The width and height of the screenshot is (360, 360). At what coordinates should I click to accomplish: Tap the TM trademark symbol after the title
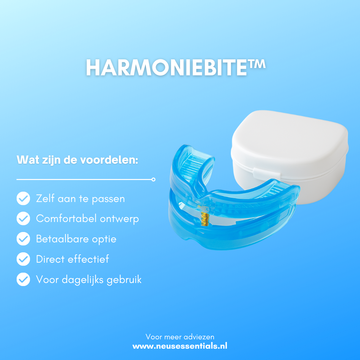coord(256,64)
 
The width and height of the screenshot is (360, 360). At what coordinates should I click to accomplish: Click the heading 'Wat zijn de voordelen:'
coord(77,160)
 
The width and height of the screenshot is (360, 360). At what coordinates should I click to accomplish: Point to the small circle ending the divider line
coord(154,180)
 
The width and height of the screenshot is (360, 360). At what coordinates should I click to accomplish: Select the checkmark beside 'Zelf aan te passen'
coord(23,198)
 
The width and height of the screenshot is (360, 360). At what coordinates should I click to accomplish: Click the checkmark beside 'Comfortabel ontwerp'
coord(23,218)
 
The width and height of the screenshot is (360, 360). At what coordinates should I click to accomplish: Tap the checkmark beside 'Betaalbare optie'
coord(23,239)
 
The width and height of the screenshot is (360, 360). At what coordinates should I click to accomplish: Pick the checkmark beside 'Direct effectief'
coord(23,259)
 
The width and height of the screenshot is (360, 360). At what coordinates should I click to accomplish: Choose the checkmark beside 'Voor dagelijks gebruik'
coord(23,279)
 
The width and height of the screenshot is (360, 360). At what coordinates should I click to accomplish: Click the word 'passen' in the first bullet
coord(108,199)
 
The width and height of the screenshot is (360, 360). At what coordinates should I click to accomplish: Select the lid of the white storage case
coord(290,140)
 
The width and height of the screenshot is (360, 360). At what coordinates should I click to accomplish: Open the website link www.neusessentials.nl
coord(180,346)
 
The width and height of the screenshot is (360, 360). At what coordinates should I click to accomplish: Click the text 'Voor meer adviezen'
coord(180,337)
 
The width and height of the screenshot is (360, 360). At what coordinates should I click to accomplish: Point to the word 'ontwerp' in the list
coord(119,219)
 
